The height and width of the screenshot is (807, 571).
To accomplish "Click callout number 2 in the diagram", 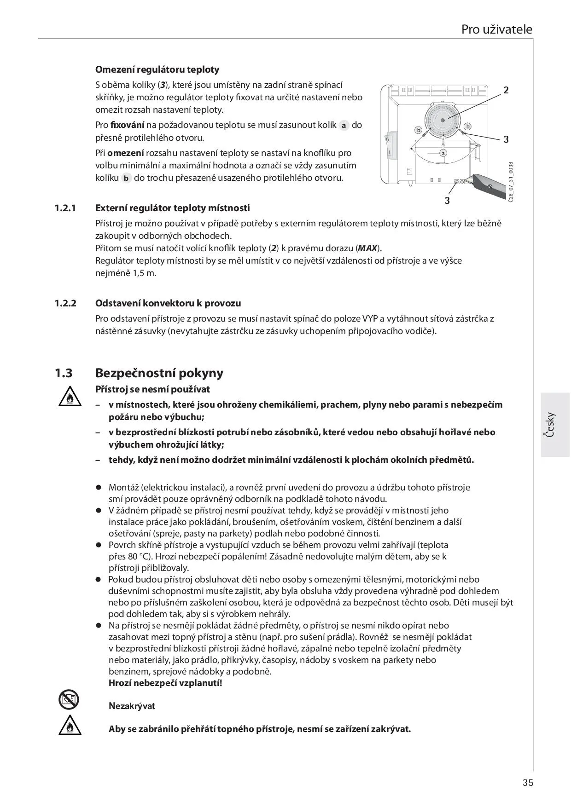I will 506,90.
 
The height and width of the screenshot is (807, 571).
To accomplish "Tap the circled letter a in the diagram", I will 443,153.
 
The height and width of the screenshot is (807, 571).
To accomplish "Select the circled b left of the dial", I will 419,130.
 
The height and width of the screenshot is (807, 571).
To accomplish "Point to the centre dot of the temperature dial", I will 443,120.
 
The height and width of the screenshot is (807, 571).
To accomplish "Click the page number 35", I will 528,782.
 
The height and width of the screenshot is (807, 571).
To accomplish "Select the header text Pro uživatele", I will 496,29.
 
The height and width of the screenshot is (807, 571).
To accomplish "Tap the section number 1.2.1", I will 65,208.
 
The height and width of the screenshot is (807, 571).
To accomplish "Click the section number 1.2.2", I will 65,303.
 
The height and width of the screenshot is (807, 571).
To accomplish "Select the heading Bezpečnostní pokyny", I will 159,373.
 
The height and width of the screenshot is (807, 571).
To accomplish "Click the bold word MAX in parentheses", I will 367,248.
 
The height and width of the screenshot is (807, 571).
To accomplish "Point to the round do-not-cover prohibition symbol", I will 69,700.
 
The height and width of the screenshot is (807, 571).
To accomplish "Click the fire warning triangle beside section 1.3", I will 70,398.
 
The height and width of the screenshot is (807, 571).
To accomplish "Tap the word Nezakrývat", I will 132,706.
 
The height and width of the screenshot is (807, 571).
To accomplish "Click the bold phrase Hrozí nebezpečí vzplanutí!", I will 165,683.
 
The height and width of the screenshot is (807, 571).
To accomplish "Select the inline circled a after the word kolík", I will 344,125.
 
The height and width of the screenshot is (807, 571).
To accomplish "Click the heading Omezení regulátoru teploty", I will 157,69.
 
